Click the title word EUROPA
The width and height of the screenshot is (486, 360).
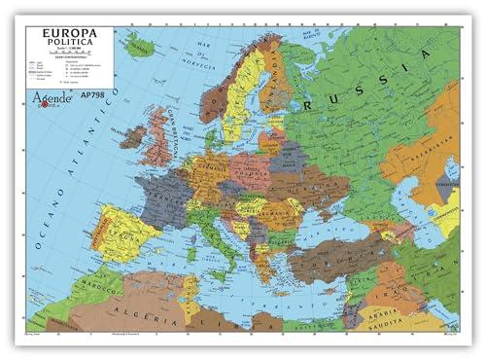coord(67,34)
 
